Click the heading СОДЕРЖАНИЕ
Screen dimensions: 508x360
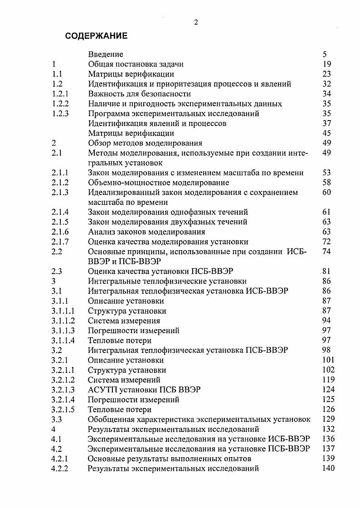[97, 36]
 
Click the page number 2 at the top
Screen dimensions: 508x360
[196, 23]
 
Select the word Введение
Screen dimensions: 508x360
[106, 54]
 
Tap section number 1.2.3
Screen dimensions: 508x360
[60, 113]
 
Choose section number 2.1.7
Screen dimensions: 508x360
[60, 242]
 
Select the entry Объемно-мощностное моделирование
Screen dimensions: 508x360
[158, 183]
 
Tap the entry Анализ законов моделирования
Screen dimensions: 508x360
[146, 232]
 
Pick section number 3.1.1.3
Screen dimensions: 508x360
[63, 330]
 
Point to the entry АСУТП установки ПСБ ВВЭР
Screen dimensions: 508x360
[144, 390]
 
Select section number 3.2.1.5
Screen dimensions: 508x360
[63, 409]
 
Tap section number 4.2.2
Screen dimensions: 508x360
[60, 469]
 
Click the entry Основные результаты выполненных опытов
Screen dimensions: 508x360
[170, 459]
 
